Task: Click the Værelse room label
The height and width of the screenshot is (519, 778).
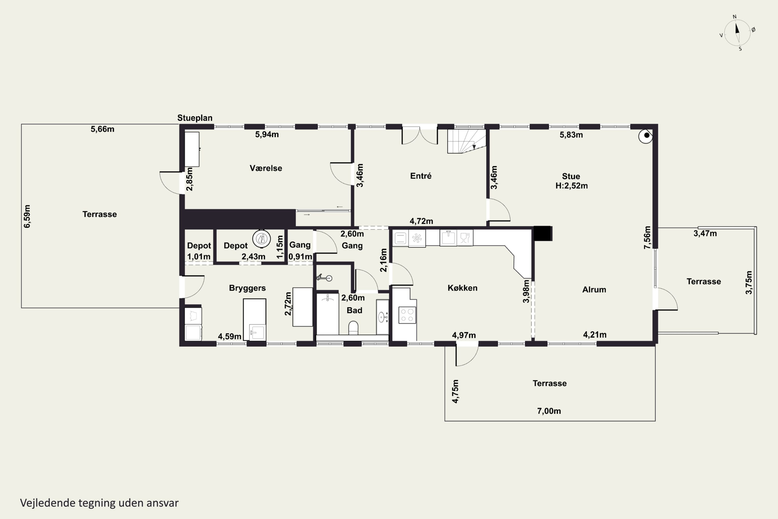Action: [266, 168]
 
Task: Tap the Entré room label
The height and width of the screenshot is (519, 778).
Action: [421, 176]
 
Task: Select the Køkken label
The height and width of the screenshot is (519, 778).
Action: [462, 288]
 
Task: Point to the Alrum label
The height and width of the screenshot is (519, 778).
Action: [594, 290]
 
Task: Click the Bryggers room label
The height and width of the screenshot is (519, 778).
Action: [247, 288]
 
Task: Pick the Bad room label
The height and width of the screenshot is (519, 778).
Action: [354, 310]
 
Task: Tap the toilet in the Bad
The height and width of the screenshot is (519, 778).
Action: [353, 328]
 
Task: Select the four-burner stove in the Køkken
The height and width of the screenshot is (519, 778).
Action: [407, 315]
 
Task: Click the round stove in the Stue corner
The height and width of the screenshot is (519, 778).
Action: [645, 136]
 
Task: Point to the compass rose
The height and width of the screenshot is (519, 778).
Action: [737, 33]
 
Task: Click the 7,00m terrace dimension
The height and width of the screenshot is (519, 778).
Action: [549, 411]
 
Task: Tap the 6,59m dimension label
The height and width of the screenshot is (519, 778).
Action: [27, 216]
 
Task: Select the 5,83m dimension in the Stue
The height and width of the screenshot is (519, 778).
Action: [571, 135]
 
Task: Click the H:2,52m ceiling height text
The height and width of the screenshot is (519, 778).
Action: [572, 186]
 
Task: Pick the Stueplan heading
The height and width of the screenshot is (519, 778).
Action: [195, 118]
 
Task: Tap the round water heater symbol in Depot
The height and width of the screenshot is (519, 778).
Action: [262, 238]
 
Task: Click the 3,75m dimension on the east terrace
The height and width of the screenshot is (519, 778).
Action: [749, 283]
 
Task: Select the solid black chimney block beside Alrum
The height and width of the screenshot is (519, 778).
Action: [543, 233]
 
